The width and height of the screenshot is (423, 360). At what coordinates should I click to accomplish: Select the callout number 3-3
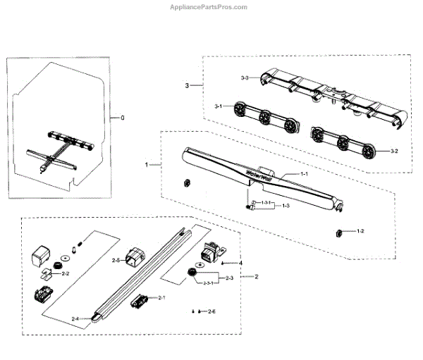(x=245, y=77)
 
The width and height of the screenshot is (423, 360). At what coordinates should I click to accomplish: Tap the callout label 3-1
(x=219, y=106)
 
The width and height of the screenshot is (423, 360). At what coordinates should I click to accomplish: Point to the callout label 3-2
(x=384, y=151)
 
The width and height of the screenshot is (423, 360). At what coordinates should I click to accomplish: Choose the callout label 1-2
(x=360, y=231)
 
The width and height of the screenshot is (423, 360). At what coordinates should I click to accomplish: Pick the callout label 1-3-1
(x=266, y=203)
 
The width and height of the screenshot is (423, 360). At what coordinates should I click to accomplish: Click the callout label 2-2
(x=66, y=272)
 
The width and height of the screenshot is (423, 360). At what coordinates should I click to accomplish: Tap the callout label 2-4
(x=75, y=318)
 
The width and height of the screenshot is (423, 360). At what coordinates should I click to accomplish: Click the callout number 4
(x=240, y=263)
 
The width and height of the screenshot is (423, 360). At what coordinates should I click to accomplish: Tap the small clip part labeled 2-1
(x=140, y=302)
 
